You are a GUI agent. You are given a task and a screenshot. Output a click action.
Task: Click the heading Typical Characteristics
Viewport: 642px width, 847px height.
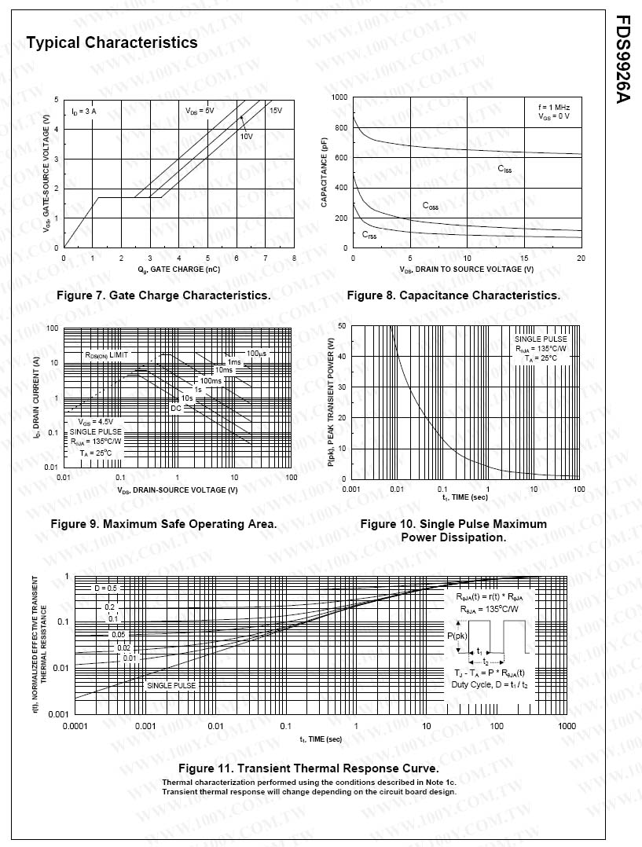112,42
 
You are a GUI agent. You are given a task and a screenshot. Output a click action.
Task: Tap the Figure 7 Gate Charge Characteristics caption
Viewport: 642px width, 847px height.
163,295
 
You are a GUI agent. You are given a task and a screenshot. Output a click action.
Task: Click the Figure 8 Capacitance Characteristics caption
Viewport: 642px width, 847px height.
453,295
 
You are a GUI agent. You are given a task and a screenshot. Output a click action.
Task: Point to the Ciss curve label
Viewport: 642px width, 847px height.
504,168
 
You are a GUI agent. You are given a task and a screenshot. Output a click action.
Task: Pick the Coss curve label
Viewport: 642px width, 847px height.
430,206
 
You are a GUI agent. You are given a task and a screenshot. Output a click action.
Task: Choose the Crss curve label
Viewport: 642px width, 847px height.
369,235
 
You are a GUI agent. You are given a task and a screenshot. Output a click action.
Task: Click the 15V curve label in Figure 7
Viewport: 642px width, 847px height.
276,111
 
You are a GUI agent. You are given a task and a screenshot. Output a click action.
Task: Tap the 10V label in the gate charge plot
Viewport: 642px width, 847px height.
246,136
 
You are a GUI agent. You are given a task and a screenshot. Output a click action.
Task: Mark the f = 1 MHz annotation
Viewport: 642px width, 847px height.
554,106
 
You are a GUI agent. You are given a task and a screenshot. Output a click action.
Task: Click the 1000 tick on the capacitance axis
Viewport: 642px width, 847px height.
339,97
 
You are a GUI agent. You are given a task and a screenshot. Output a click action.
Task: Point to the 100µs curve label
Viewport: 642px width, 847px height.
256,354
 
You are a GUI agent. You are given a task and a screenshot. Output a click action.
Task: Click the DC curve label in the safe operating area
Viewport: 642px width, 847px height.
176,408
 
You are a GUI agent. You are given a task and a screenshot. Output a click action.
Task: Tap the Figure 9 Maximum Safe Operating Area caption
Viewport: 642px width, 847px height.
163,523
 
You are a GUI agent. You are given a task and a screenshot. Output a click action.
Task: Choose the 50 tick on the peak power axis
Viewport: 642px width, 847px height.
342,325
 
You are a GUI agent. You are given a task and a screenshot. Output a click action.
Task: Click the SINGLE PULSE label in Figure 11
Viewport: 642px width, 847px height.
171,685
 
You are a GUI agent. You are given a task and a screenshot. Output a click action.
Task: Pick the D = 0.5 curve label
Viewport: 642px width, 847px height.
106,588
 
